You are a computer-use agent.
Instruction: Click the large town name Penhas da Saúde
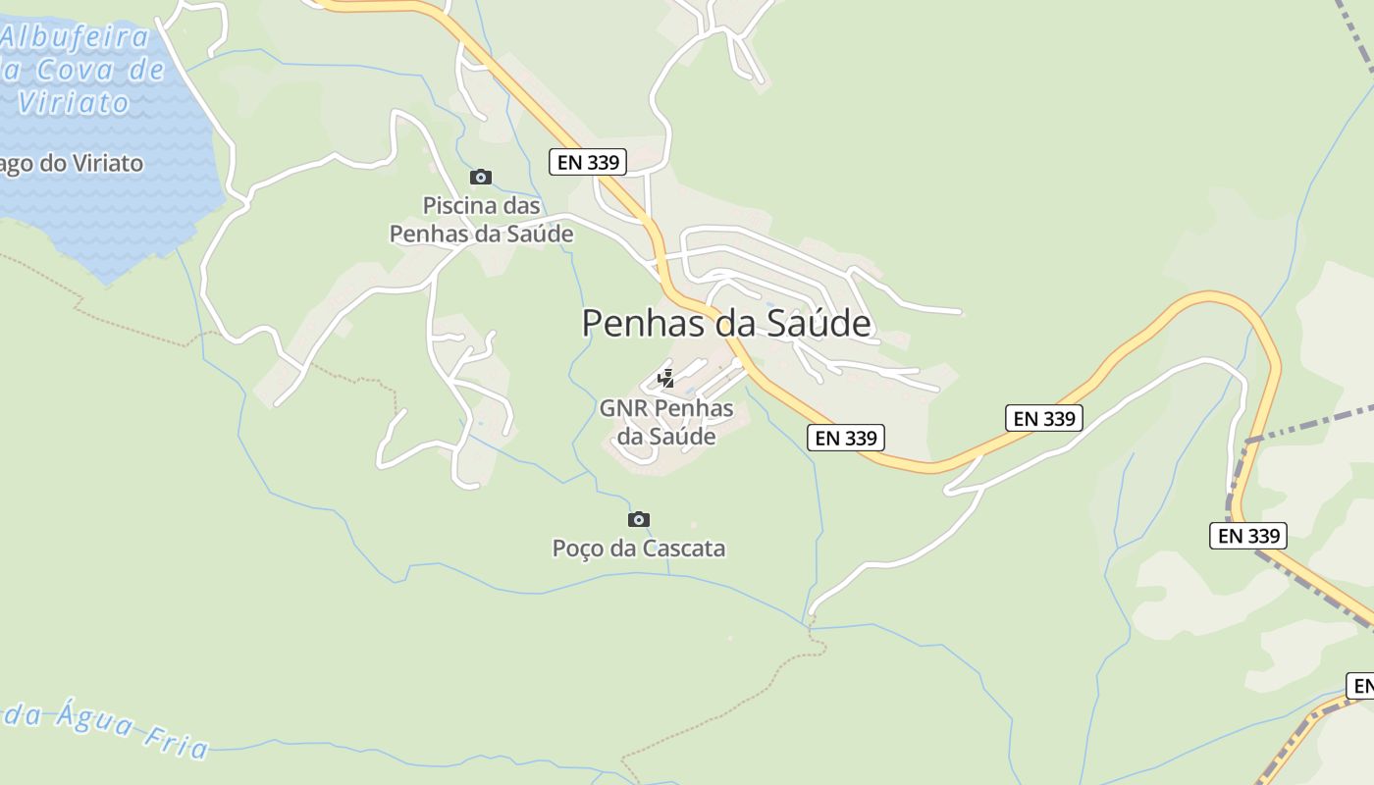(x=726, y=323)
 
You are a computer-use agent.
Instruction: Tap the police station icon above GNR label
(x=666, y=379)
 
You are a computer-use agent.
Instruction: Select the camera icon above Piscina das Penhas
(x=480, y=177)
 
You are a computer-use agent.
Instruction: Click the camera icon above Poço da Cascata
(x=638, y=519)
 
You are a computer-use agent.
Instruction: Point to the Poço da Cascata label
(x=639, y=548)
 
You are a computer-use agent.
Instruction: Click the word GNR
(x=624, y=408)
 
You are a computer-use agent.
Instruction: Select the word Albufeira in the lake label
(x=77, y=38)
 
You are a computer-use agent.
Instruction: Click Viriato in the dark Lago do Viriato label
(x=99, y=164)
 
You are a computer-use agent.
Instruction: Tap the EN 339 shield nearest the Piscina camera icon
(x=588, y=162)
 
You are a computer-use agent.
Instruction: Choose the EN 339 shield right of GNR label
(x=846, y=438)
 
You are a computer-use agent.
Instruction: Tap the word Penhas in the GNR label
(x=693, y=408)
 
